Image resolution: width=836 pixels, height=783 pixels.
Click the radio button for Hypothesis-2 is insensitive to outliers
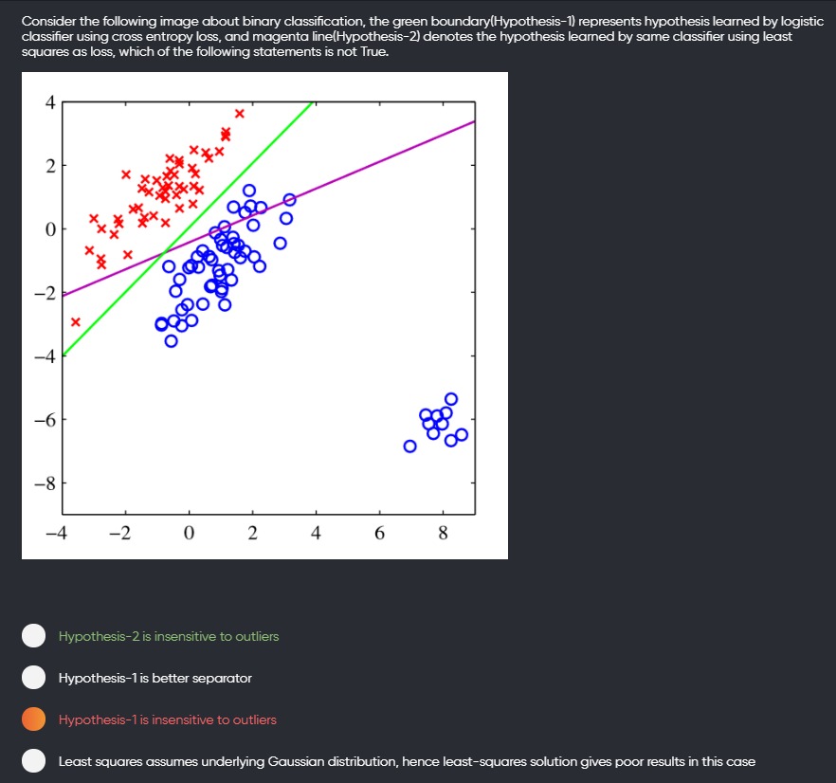coord(33,636)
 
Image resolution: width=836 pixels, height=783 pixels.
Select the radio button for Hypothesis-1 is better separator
coord(33,678)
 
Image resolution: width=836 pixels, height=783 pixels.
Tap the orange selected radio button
coord(33,719)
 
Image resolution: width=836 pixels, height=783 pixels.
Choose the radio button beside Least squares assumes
coord(33,760)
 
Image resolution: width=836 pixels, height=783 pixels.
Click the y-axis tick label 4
coord(50,102)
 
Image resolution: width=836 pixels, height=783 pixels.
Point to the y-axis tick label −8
coord(45,483)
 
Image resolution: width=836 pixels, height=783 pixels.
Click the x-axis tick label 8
coord(443,533)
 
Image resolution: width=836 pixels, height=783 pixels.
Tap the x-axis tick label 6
coord(379,533)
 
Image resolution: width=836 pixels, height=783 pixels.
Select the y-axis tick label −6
coord(45,420)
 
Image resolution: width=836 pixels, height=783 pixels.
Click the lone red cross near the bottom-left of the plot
coord(76,321)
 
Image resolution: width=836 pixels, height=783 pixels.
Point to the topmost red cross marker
coord(240,113)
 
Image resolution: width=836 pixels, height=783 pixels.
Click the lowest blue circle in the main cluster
coord(172,341)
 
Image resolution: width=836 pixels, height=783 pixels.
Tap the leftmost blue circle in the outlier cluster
coord(410,446)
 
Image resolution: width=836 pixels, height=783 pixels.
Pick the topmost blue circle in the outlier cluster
coord(451,399)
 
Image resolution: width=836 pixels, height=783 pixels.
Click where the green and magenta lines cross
coord(165,253)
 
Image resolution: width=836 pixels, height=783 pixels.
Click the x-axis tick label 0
coord(189,533)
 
